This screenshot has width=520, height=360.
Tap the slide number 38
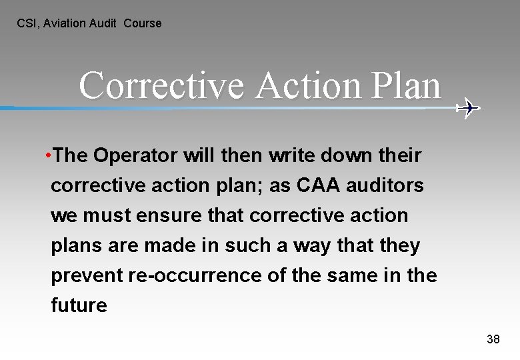(493, 339)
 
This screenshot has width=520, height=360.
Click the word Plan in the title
(404, 86)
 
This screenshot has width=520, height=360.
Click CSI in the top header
(27, 23)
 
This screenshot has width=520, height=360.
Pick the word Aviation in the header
(65, 23)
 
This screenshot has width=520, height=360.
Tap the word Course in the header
(143, 23)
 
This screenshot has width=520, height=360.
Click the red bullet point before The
(49, 156)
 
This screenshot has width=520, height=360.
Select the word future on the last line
(79, 306)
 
